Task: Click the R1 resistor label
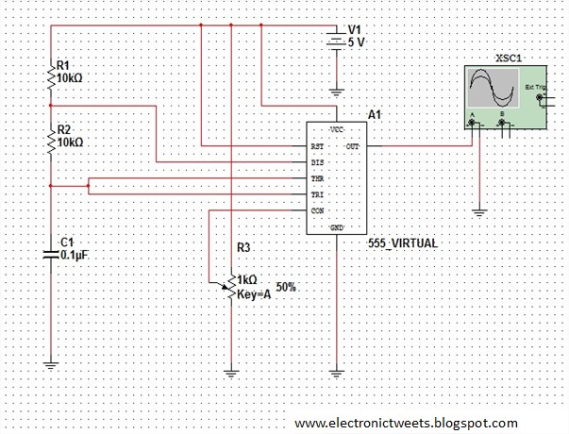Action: tap(63, 65)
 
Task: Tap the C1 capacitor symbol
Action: tap(52, 253)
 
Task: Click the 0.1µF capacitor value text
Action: tap(75, 255)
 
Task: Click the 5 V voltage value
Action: tap(356, 42)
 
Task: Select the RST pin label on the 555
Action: tap(317, 147)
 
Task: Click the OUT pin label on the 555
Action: tap(352, 147)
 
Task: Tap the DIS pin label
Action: tap(317, 163)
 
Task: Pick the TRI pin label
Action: tap(317, 194)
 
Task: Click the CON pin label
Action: tap(317, 210)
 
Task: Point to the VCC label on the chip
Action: tap(335, 127)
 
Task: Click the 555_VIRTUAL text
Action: tap(404, 242)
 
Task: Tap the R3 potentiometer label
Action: tap(243, 247)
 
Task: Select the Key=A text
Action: tap(254, 293)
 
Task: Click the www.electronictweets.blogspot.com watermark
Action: tap(406, 423)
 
